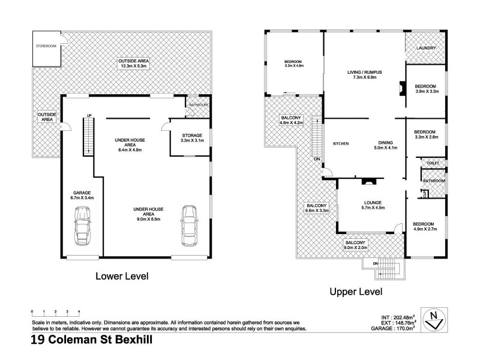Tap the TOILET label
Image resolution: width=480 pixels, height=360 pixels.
click(433, 163)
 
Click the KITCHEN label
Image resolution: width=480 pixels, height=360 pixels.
click(341, 143)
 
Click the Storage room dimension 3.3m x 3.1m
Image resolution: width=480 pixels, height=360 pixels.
click(192, 141)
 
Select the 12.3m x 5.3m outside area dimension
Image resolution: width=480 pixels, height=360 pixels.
click(133, 67)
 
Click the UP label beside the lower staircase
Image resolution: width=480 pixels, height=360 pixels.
click(89, 115)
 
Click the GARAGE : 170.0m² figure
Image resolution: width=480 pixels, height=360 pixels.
click(393, 329)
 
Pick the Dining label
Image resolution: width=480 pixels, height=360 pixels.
click(377, 142)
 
